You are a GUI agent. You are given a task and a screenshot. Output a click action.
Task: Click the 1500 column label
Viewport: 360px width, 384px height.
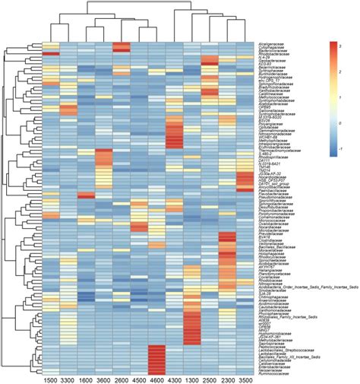point(50,378)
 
